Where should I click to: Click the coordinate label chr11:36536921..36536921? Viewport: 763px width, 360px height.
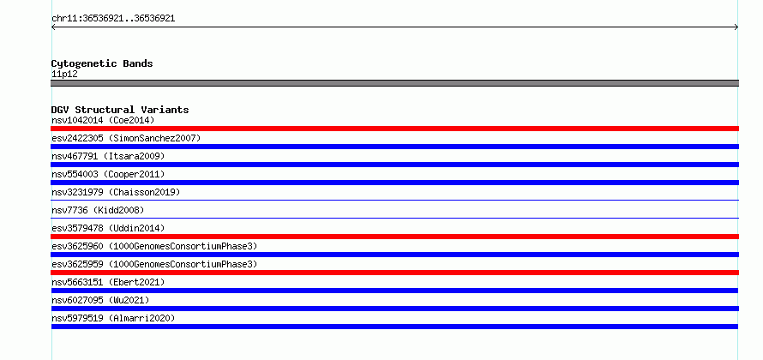click(113, 19)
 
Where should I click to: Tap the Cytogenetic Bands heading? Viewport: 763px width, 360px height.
click(102, 63)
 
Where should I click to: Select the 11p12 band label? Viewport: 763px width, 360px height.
click(64, 75)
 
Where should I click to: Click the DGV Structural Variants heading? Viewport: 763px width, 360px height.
click(120, 110)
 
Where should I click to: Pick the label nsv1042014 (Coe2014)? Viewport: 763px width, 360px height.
click(103, 120)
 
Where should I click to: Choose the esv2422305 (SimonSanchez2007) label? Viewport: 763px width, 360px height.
click(126, 138)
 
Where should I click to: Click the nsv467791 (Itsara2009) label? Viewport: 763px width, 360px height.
click(108, 156)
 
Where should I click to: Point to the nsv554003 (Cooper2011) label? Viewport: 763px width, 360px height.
click(108, 174)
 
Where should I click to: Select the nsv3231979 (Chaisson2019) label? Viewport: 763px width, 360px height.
click(116, 192)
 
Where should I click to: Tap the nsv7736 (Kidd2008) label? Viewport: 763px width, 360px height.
click(98, 210)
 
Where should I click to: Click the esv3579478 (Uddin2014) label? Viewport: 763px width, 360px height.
click(108, 228)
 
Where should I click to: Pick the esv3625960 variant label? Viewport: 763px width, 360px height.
click(154, 246)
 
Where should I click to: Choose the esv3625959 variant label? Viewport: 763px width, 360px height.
click(154, 264)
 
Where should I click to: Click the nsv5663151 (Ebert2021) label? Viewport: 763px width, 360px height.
click(108, 282)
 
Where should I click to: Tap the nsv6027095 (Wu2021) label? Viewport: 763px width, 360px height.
click(100, 300)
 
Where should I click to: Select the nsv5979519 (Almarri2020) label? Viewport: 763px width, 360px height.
click(113, 318)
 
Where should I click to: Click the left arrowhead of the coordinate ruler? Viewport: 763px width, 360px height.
click(52, 27)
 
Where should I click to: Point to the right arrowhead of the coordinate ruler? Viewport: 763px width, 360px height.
click(737, 27)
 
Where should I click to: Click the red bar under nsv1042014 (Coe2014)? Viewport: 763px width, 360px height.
click(394, 129)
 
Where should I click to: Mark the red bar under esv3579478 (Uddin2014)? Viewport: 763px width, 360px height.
click(394, 237)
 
